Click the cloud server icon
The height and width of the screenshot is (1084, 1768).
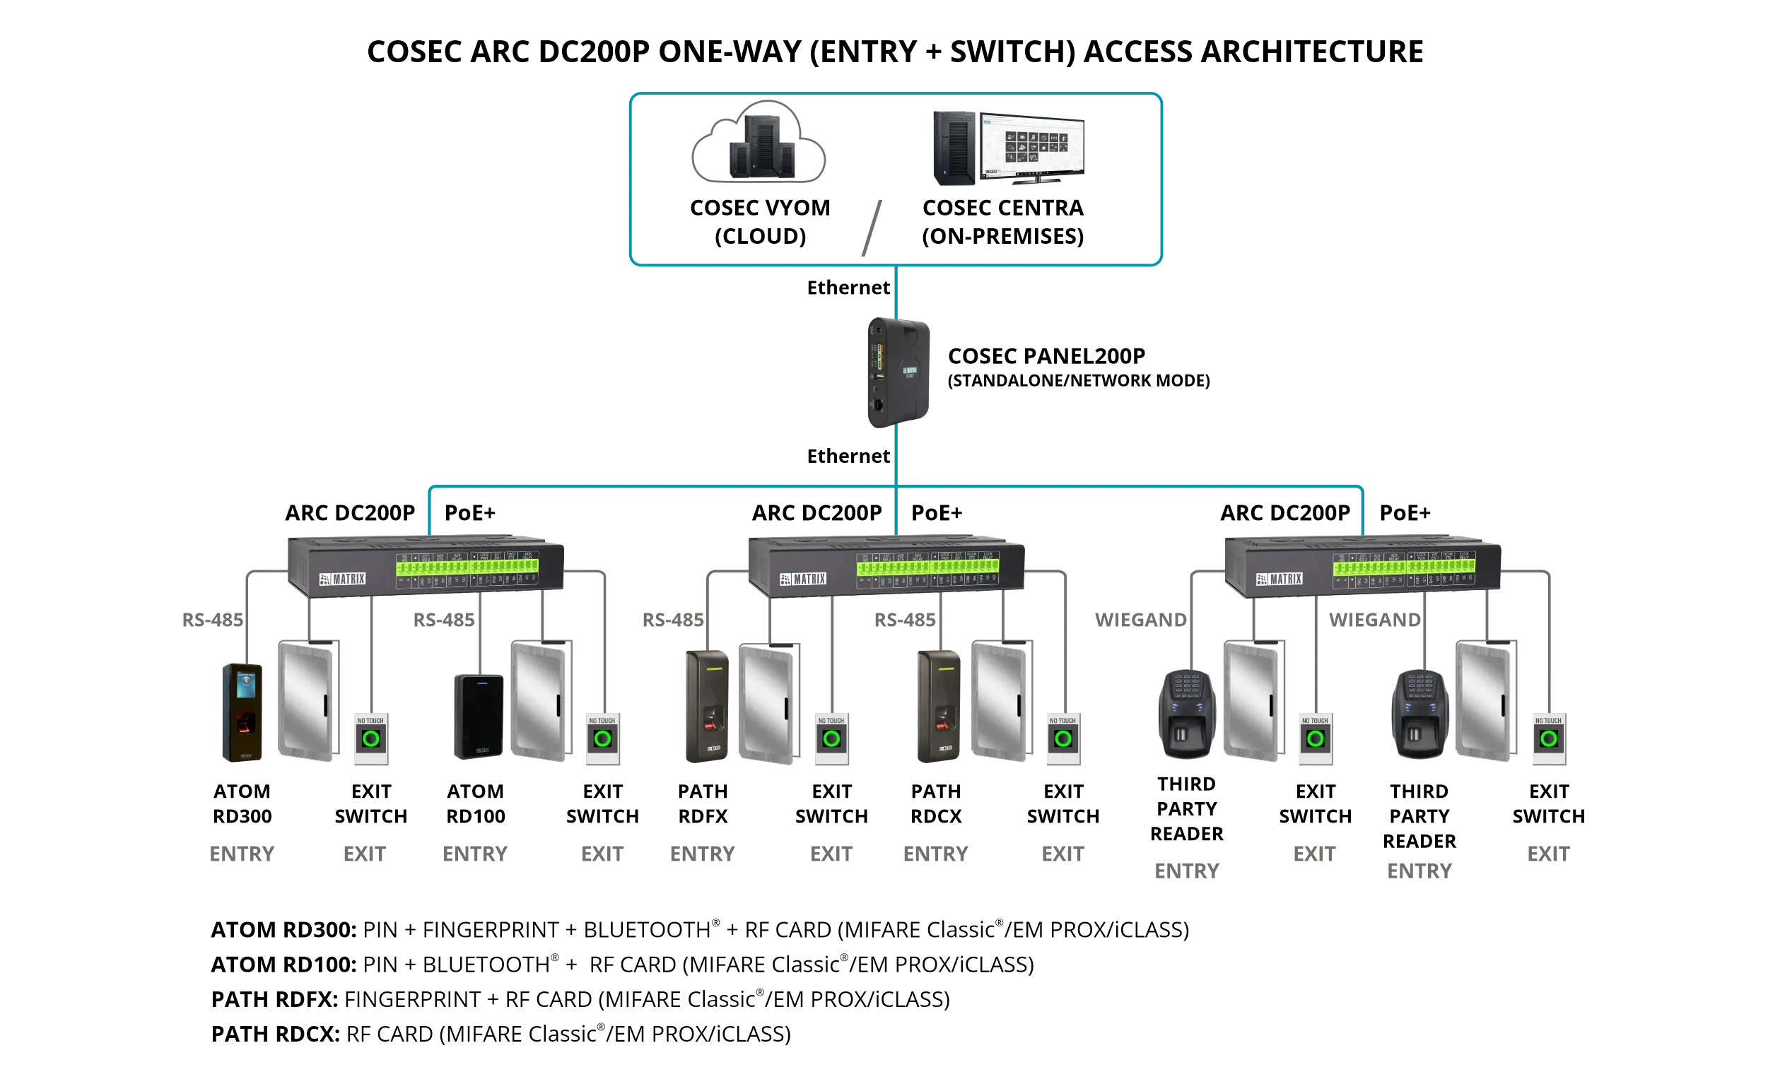[759, 143]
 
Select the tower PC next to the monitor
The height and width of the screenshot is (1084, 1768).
[954, 148]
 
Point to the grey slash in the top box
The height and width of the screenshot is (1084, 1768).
[871, 228]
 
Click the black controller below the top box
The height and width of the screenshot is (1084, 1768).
[898, 372]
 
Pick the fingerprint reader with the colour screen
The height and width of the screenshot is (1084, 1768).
[242, 712]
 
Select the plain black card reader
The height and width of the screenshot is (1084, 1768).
[479, 716]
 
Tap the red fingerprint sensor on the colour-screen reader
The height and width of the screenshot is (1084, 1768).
[245, 722]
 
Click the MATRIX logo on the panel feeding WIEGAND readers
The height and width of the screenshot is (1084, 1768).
[1280, 579]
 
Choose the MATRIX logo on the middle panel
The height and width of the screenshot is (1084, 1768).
[803, 579]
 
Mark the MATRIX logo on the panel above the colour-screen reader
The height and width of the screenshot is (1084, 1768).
[342, 579]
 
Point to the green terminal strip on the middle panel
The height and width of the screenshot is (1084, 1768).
[927, 567]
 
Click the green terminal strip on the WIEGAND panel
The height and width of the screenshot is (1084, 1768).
[1404, 567]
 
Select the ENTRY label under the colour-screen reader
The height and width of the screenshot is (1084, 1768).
[242, 854]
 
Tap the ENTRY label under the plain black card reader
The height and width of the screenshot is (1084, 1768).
[475, 854]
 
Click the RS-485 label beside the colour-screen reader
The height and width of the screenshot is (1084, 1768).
[212, 620]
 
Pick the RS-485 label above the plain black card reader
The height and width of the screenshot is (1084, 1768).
[443, 620]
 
